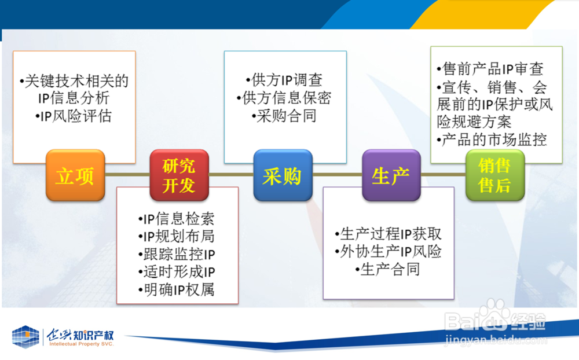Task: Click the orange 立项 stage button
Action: pyautogui.click(x=75, y=175)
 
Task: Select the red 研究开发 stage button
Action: pyautogui.click(x=179, y=175)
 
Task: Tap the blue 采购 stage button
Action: pyautogui.click(x=283, y=175)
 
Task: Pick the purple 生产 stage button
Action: pyautogui.click(x=391, y=175)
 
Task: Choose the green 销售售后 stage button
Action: pyautogui.click(x=495, y=175)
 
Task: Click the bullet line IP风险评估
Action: pyautogui.click(x=74, y=116)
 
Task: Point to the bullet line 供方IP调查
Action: pyautogui.click(x=284, y=80)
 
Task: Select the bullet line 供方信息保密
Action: pyautogui.click(x=284, y=98)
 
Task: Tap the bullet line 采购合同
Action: pyautogui.click(x=284, y=116)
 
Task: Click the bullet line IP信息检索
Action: pyautogui.click(x=177, y=219)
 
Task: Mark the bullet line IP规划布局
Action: pyautogui.click(x=177, y=237)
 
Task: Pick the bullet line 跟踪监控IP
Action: pyautogui.click(x=177, y=255)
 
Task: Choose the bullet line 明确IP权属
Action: pyautogui.click(x=177, y=290)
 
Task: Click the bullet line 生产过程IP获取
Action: pyautogui.click(x=388, y=234)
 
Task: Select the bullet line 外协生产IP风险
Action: pyautogui.click(x=388, y=252)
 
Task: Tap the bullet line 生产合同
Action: pyautogui.click(x=388, y=270)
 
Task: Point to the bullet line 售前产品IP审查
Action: pyautogui.click(x=490, y=69)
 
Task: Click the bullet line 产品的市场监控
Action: pyautogui.click(x=492, y=140)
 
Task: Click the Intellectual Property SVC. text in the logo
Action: pyautogui.click(x=82, y=344)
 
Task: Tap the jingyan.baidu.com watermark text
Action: pyautogui.click(x=496, y=339)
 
